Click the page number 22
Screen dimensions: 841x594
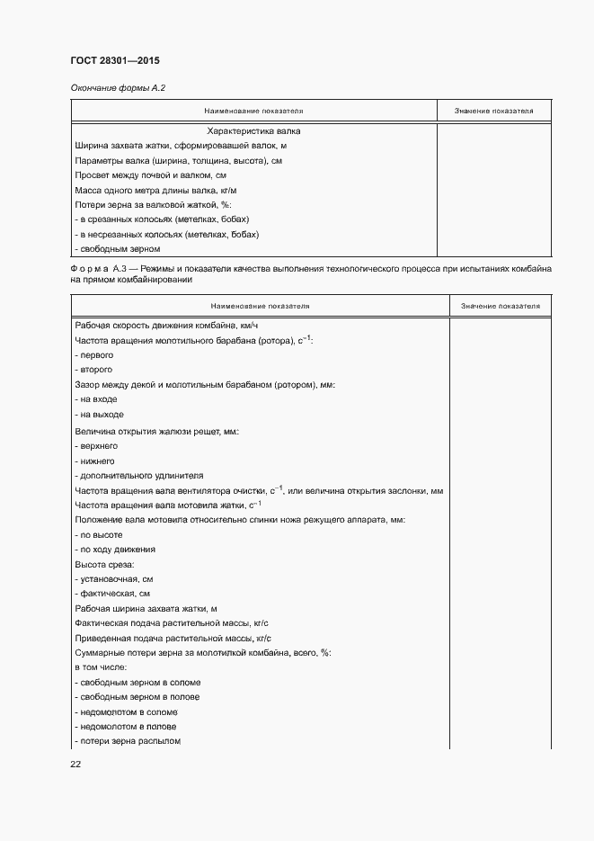tap(75, 765)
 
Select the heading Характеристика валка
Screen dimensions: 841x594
tap(253, 130)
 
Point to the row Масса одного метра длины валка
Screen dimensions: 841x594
tap(156, 191)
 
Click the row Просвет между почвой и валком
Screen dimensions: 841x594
tap(150, 175)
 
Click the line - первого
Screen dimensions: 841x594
tap(101, 355)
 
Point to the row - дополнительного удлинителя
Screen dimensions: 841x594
tap(139, 476)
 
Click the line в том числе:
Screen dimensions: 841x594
tap(101, 667)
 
